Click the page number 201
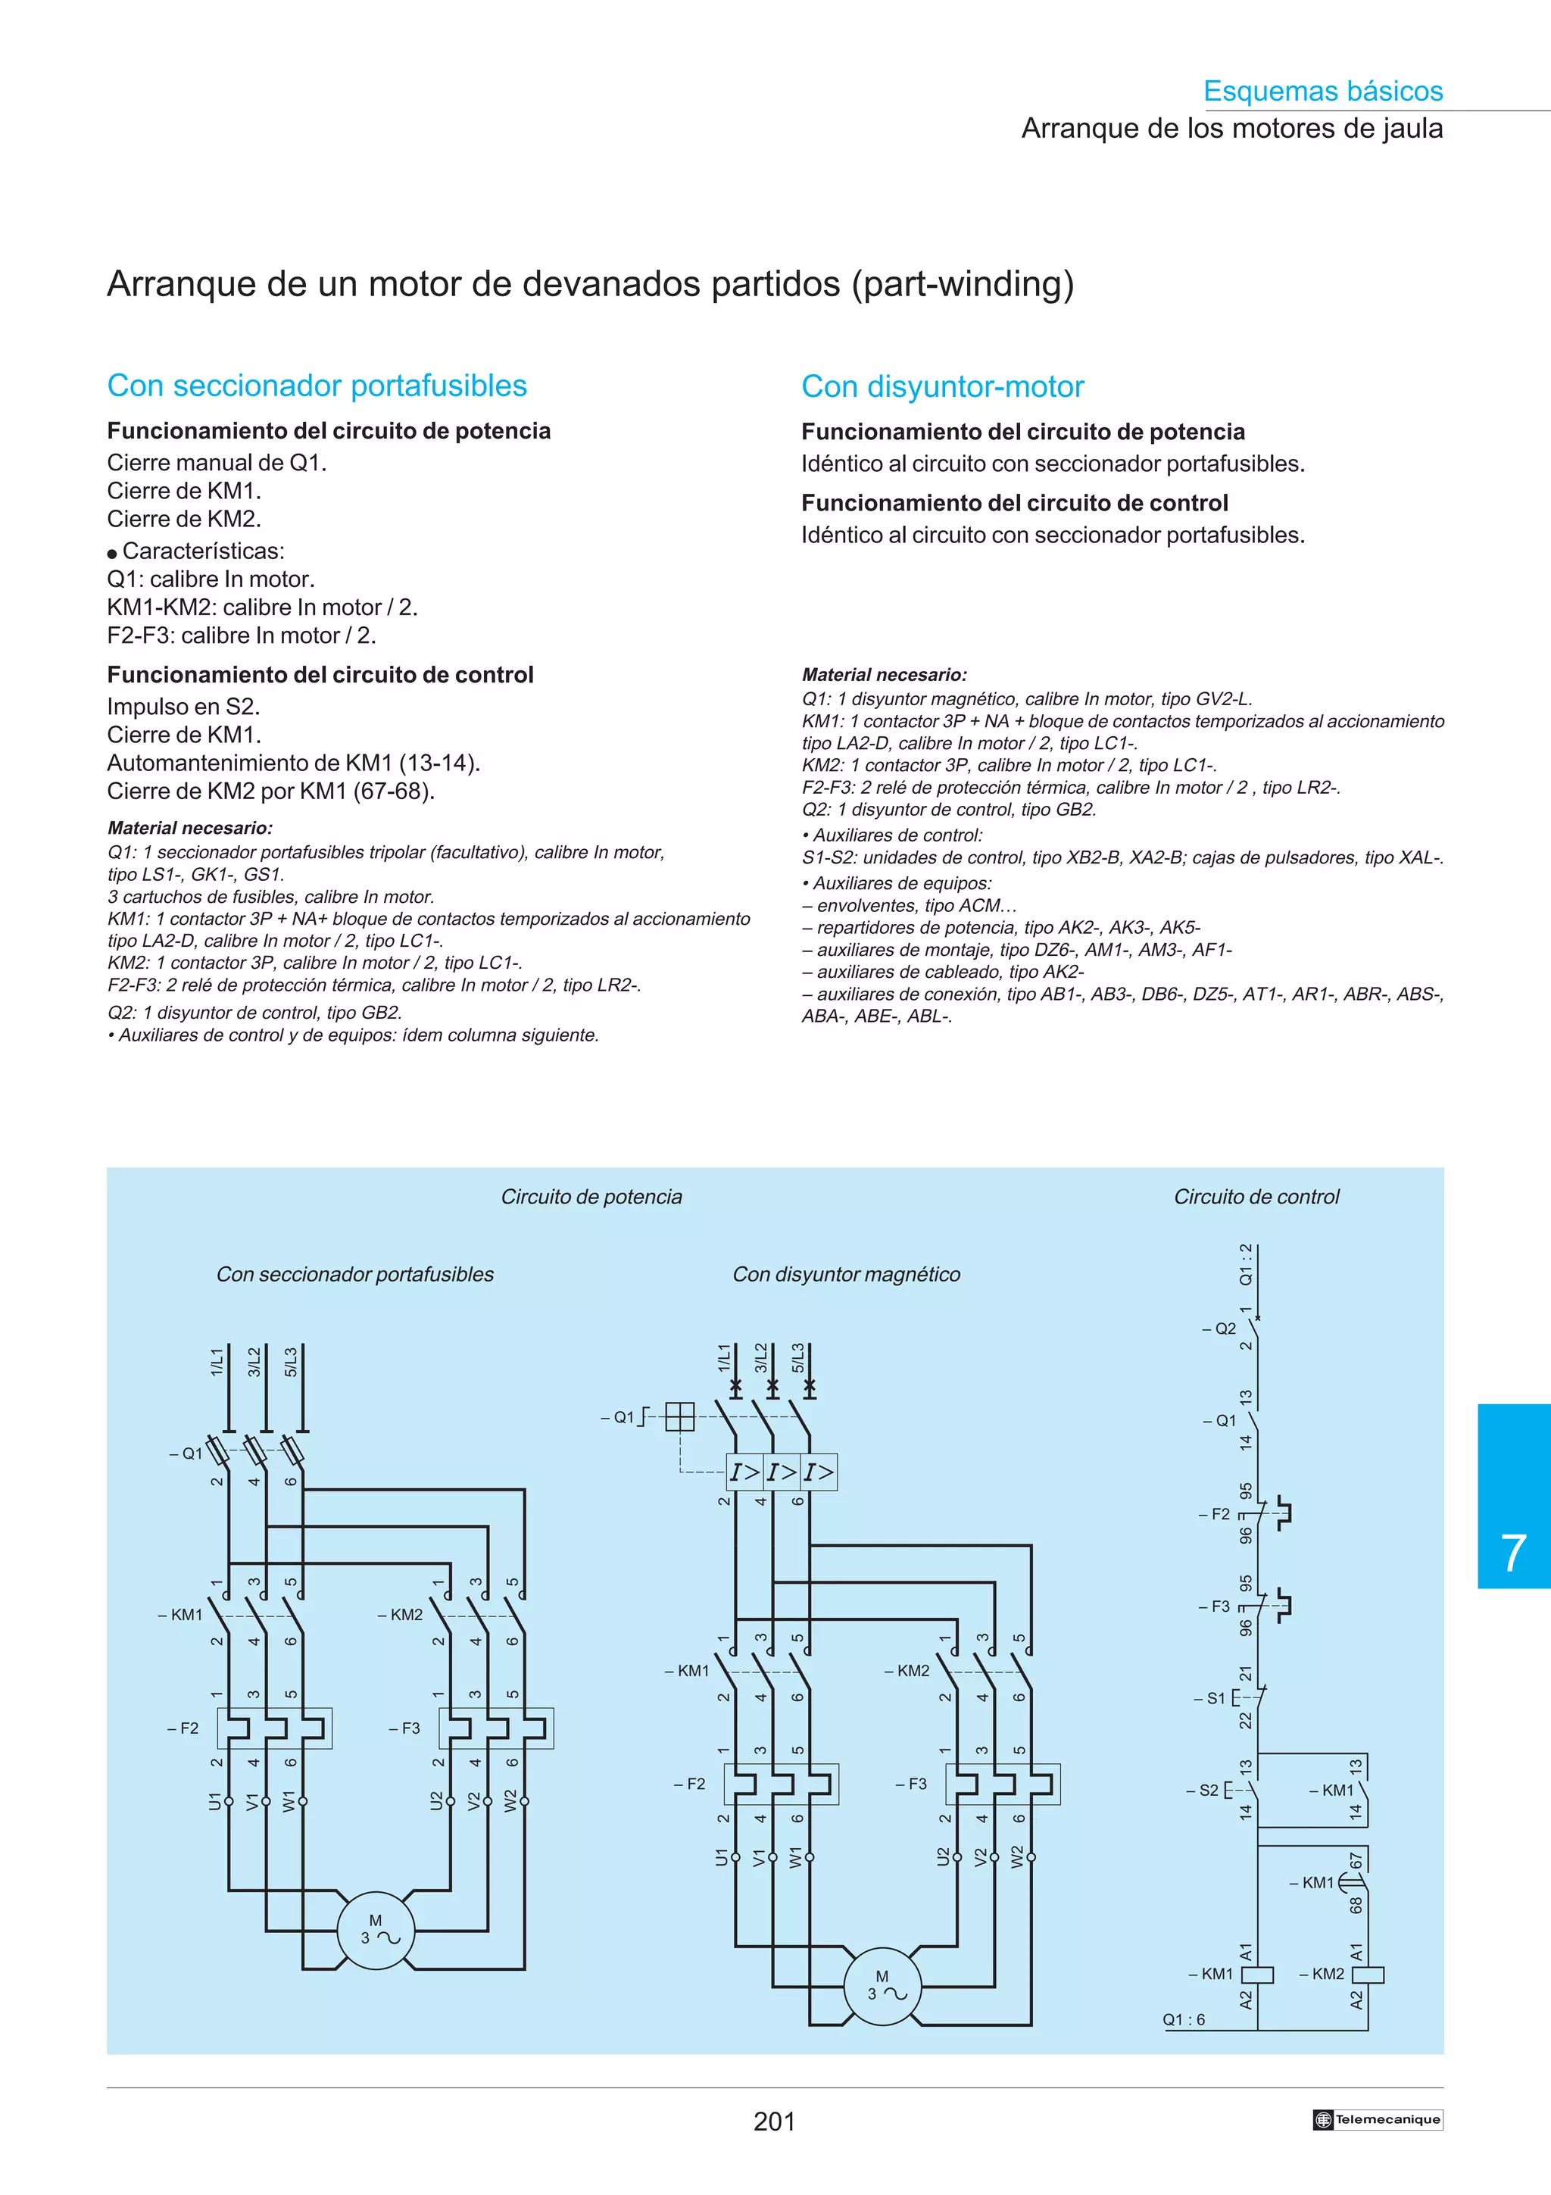[774, 2122]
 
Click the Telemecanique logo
[1377, 2119]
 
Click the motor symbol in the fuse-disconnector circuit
[376, 1931]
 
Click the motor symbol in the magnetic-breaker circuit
[882, 1987]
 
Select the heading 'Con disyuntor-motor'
[942, 387]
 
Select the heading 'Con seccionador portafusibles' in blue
[317, 386]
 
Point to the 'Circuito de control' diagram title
[1256, 1197]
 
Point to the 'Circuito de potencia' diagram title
[591, 1197]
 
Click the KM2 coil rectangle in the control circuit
[1368, 1974]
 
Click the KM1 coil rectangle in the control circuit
[1258, 1974]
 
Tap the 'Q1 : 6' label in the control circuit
[1183, 2020]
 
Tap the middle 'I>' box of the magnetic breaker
[782, 1472]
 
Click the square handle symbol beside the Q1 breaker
[679, 1417]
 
